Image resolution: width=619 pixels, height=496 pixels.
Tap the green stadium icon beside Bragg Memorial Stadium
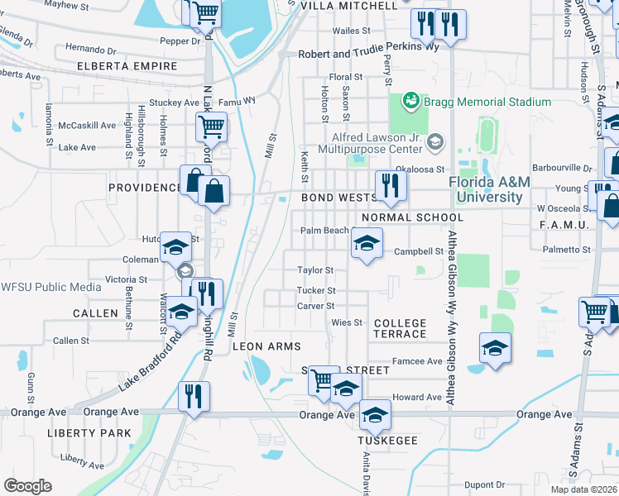409,102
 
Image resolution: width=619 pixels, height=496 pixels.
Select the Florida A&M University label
485,189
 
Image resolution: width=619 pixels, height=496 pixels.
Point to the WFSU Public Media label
50,287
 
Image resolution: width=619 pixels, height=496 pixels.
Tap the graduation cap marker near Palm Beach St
367,243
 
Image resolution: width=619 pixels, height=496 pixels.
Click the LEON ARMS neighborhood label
266,346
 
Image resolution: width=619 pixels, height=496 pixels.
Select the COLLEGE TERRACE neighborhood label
400,328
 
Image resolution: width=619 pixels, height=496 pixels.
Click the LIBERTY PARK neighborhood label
89,433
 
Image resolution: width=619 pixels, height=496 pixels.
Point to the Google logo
27,486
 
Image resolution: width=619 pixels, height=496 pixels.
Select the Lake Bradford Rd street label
151,363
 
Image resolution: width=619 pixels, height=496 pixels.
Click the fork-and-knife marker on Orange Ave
194,396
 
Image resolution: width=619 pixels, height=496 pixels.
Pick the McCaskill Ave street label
87,126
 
